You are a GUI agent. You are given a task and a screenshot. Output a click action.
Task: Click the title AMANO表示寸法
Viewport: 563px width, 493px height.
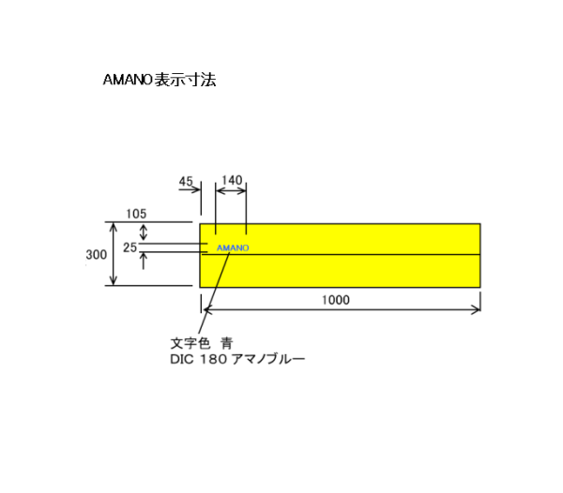click(x=160, y=80)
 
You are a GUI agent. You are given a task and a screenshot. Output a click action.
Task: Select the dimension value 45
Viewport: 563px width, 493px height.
click(x=186, y=181)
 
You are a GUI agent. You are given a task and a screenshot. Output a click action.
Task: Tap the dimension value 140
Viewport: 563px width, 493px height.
click(x=232, y=180)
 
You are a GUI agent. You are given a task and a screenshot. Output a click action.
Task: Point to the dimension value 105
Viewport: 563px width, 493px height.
click(x=136, y=214)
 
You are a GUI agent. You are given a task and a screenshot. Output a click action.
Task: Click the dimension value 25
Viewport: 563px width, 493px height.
click(x=129, y=247)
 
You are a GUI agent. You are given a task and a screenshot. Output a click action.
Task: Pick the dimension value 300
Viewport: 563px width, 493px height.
click(x=97, y=255)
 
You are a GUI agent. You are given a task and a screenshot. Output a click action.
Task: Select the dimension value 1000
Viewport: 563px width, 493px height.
click(x=335, y=300)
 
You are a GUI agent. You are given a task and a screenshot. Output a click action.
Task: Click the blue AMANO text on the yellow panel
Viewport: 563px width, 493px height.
click(x=233, y=247)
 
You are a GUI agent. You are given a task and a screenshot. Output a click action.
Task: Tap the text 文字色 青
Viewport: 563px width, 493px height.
click(x=202, y=343)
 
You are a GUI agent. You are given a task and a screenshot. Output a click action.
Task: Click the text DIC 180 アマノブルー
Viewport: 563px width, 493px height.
click(x=237, y=359)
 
